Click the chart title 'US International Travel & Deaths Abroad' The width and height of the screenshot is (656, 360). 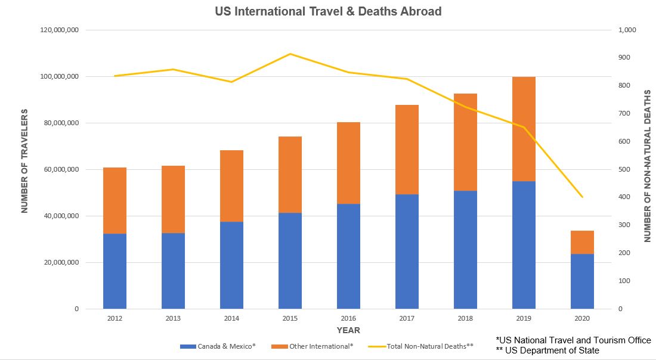[328, 11]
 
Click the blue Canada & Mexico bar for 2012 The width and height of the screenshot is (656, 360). [115, 271]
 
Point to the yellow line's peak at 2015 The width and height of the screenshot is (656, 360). [290, 54]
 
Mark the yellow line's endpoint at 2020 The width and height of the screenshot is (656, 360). [581, 197]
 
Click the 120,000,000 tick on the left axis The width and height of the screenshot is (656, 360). [58, 30]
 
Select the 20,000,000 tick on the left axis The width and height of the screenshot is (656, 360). [60, 263]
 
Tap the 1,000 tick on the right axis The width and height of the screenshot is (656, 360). [629, 30]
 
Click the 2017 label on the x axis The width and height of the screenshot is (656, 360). [407, 319]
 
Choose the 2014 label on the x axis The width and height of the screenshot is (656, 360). [231, 319]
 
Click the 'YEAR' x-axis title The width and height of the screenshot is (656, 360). [348, 330]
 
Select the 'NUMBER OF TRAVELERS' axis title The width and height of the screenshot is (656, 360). [24, 161]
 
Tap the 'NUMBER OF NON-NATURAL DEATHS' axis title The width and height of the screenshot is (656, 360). [647, 166]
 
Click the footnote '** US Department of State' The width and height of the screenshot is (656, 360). [547, 350]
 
